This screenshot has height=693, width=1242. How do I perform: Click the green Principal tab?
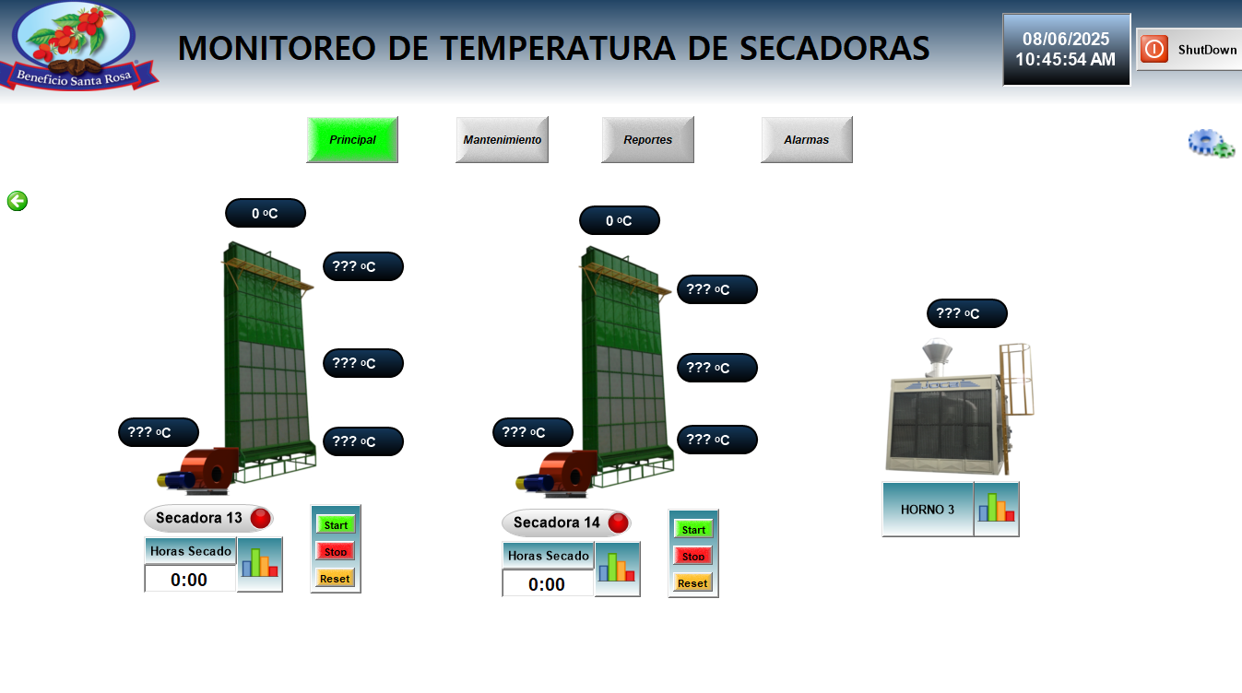[x=352, y=139]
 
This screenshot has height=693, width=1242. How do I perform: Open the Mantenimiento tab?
[x=502, y=139]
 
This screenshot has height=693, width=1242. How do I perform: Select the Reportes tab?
[x=647, y=139]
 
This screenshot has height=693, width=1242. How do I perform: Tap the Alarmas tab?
[x=807, y=139]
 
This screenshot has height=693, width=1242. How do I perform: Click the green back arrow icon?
[x=18, y=201]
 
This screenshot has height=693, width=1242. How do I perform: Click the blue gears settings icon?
[x=1211, y=144]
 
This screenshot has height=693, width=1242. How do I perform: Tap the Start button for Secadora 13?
[x=336, y=524]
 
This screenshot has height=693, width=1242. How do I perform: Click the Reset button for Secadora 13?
[x=335, y=579]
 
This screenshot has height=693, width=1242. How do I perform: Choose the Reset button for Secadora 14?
[x=692, y=582]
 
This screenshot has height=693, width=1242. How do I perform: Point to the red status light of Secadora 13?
[x=261, y=519]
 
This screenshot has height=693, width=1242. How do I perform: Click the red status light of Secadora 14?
[x=618, y=523]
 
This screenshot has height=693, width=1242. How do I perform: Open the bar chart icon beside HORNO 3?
[x=997, y=509]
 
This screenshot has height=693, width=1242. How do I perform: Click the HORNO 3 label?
[x=928, y=509]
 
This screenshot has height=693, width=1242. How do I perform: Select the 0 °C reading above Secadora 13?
[x=266, y=213]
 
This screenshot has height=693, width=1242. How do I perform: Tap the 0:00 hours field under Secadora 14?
[x=548, y=584]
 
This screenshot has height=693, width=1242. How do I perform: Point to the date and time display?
[x=1066, y=49]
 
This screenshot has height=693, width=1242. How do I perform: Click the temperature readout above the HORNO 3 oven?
[x=967, y=313]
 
